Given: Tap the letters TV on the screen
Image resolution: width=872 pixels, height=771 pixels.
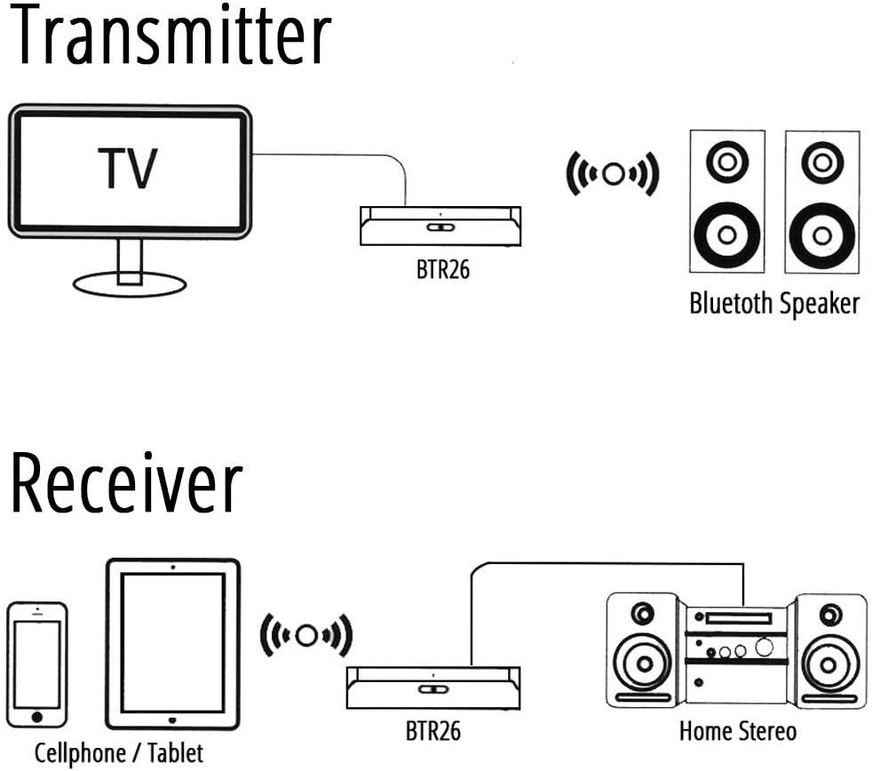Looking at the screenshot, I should click(130, 168).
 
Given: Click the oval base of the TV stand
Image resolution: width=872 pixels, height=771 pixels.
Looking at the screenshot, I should click(130, 284).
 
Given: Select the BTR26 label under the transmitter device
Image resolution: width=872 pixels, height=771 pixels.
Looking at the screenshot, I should click(442, 270).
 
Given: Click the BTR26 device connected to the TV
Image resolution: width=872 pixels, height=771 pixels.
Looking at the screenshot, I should click(440, 227).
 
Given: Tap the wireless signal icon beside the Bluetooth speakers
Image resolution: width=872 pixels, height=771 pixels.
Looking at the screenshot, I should click(613, 173).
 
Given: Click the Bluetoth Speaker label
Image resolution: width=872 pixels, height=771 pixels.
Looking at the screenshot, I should click(774, 304).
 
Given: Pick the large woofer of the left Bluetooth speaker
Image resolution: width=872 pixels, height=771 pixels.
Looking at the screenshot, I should click(726, 234).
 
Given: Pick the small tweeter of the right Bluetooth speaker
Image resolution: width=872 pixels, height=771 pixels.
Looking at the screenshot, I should click(821, 162).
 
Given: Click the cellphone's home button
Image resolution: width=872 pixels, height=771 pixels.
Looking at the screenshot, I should click(37, 715).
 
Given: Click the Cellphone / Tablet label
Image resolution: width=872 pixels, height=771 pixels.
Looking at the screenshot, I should click(119, 753).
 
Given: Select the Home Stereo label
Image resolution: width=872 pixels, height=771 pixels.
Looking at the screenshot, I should click(737, 732).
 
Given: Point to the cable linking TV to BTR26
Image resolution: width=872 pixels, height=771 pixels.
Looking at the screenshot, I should click(337, 155).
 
